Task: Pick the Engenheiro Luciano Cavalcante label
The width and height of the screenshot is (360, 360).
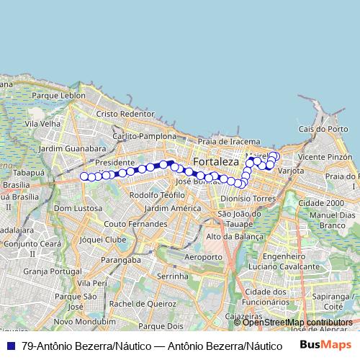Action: pos(295,261)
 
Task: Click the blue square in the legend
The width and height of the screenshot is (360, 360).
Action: pos(10,346)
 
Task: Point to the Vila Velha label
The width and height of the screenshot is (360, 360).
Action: pos(42,124)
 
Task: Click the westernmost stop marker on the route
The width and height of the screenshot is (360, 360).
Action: pos(84,176)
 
